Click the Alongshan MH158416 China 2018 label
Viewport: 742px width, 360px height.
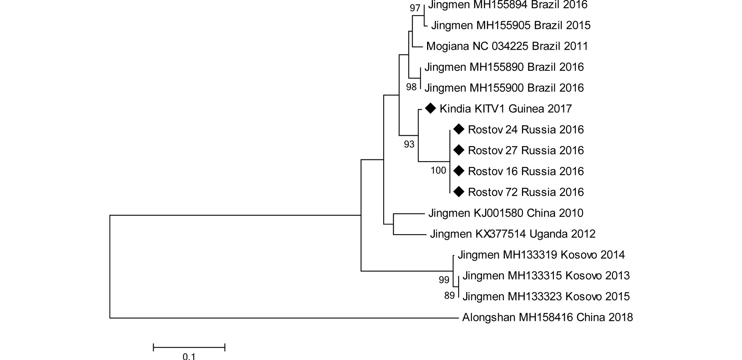tap(547, 317)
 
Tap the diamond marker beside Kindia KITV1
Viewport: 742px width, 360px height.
tap(430, 108)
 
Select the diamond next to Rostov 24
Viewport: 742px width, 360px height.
tap(458, 129)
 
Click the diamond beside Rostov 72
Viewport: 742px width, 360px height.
tap(458, 192)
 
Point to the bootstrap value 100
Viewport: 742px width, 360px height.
tap(438, 171)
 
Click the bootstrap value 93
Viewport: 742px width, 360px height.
tap(409, 145)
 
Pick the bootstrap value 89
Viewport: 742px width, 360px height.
tap(449, 296)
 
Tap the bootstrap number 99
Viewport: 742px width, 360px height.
tap(444, 280)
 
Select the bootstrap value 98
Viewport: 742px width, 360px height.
tap(411, 87)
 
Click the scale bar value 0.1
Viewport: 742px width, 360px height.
tap(189, 356)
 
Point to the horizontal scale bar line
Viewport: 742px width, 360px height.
tap(189, 347)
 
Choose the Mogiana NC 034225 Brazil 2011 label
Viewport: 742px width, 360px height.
tap(507, 46)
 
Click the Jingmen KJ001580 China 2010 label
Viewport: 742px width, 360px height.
tap(506, 213)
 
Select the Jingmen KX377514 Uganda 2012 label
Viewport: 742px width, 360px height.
tap(512, 234)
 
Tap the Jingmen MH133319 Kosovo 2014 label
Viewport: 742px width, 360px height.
tap(541, 254)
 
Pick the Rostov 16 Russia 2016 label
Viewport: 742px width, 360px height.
tap(526, 171)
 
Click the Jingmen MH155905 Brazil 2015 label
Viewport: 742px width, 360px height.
tap(510, 26)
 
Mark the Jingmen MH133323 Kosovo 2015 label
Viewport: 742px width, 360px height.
tap(546, 296)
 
